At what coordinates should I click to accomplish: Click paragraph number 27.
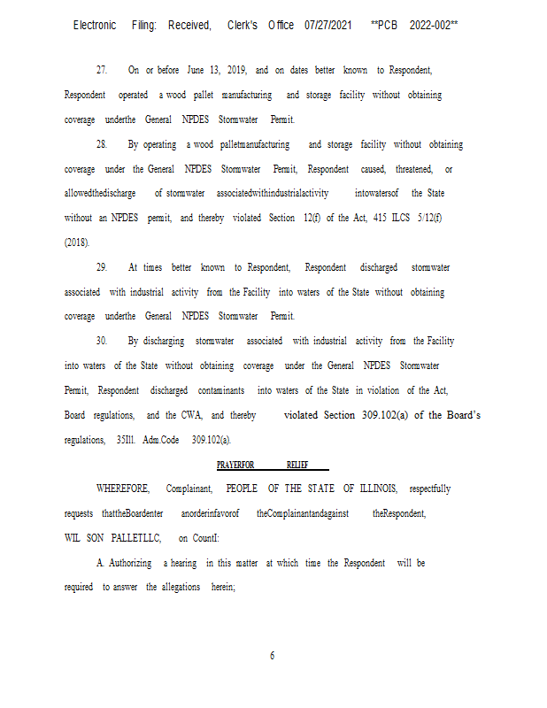point(102,70)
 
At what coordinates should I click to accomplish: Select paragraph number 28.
point(102,144)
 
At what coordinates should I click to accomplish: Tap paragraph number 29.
point(102,267)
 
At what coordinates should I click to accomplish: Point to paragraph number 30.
point(102,341)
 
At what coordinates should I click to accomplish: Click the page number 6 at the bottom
point(273,656)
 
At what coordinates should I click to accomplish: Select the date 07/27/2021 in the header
point(328,25)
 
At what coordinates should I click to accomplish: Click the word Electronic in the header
point(95,25)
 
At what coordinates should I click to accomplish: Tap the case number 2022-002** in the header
point(434,25)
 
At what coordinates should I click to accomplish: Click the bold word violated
point(303,415)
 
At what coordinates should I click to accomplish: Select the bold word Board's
point(460,415)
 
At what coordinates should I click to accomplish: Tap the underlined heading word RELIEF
point(298,465)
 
